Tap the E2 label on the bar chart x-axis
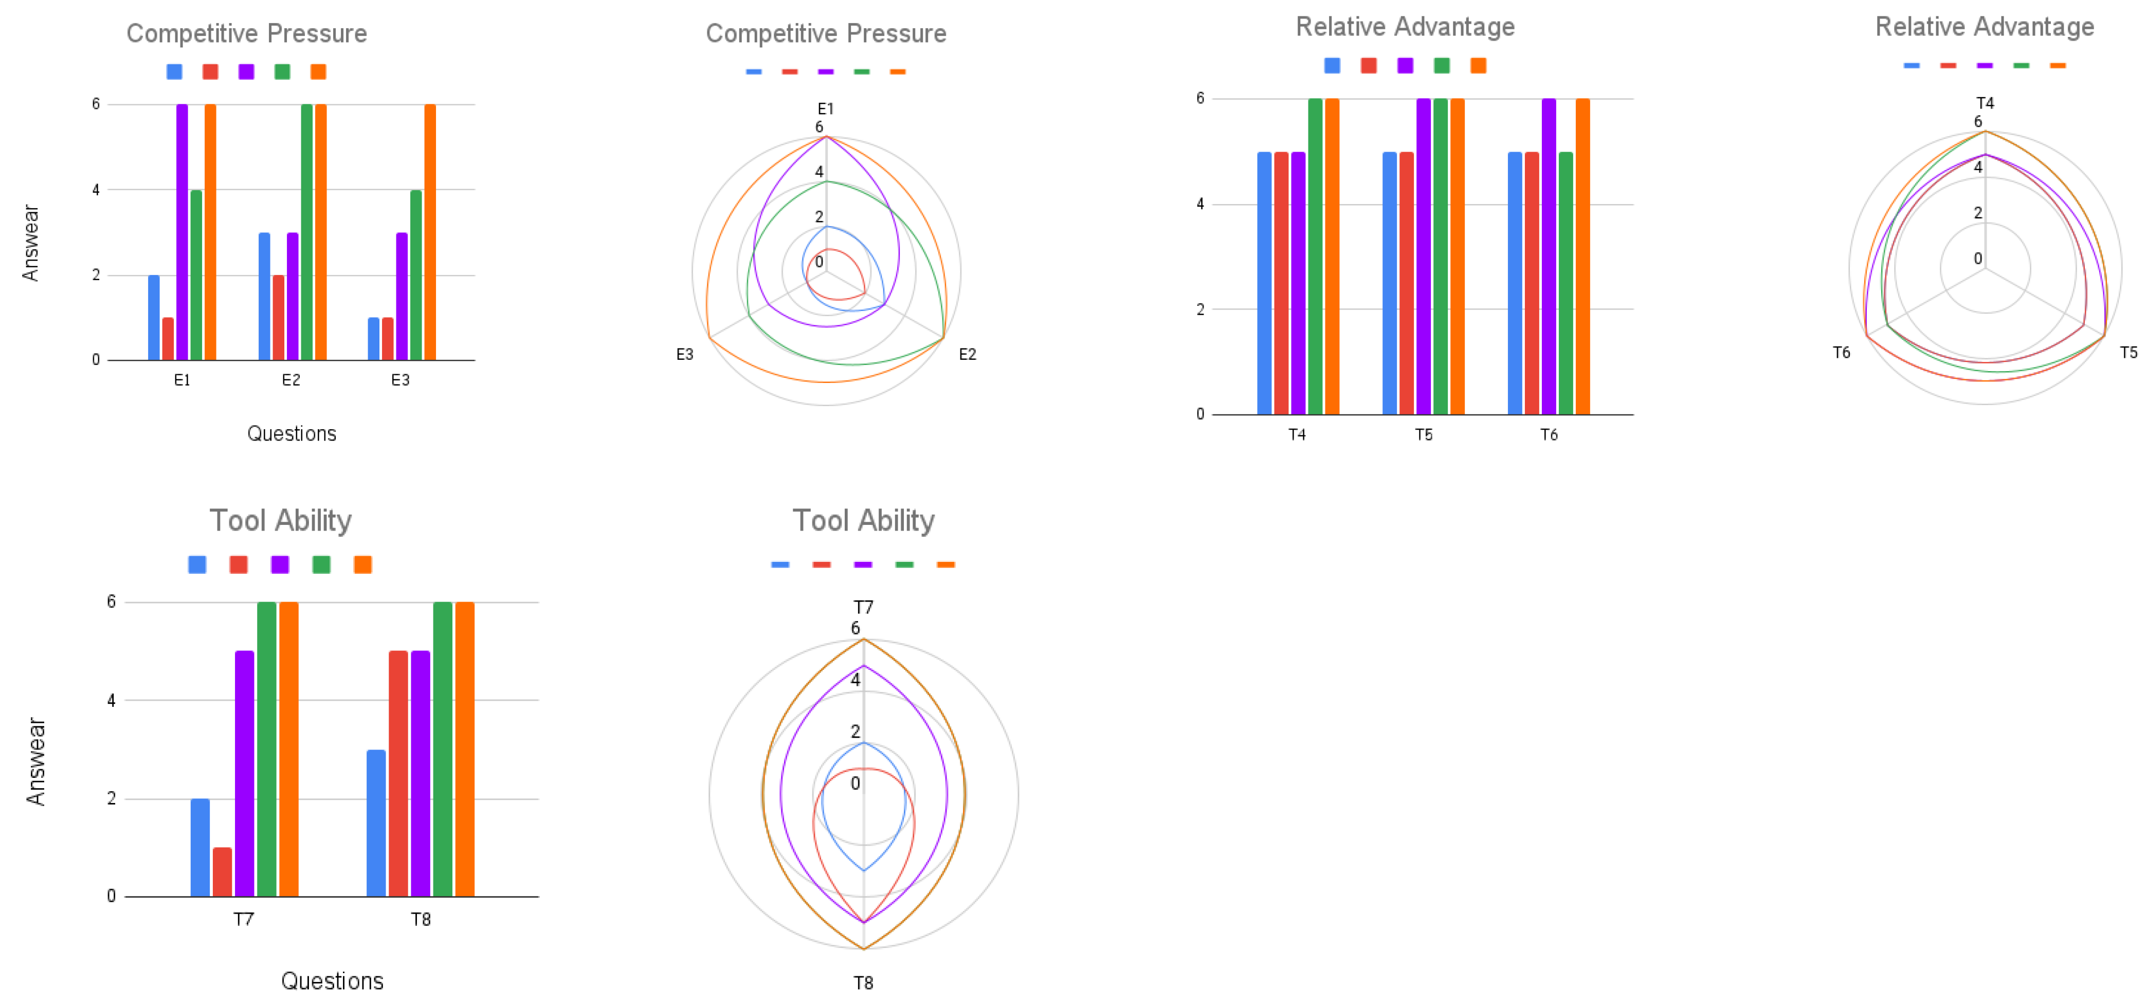point(291,380)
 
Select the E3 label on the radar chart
point(684,354)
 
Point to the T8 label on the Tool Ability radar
point(863,983)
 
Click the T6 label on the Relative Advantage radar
point(1841,353)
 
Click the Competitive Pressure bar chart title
point(247,33)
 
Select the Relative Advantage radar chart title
point(1985,27)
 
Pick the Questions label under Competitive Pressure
point(292,433)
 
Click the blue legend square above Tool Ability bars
point(197,564)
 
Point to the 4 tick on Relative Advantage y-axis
point(1200,204)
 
